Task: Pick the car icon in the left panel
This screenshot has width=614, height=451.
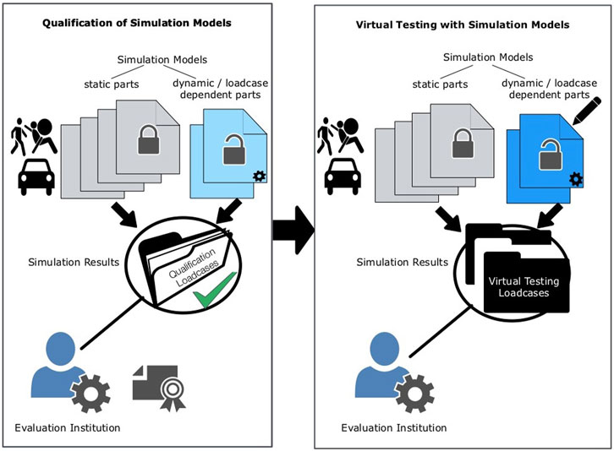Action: pos(36,176)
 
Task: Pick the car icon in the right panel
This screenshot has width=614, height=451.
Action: pos(345,176)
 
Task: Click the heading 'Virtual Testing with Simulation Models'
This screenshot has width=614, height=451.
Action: pos(462,24)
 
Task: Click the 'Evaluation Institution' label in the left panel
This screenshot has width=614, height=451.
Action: pos(68,427)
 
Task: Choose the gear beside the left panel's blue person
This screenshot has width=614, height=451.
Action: pos(90,393)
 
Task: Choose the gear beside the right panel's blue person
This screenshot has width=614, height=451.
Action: pos(414,394)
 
